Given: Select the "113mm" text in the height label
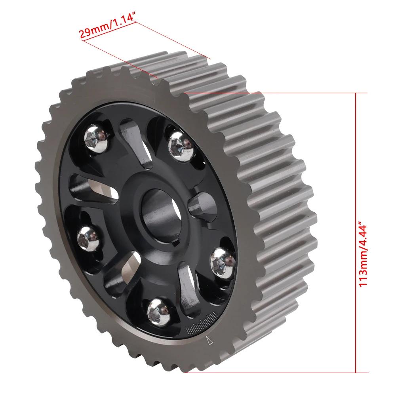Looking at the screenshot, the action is click(x=363, y=267).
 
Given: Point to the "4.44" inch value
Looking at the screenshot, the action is click(x=363, y=234).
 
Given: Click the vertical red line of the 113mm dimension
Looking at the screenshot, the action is click(x=356, y=232).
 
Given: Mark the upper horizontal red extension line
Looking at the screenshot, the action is click(x=275, y=93).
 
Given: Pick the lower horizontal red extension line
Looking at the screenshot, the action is click(x=276, y=373).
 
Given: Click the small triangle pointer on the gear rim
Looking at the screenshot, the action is click(x=209, y=341).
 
